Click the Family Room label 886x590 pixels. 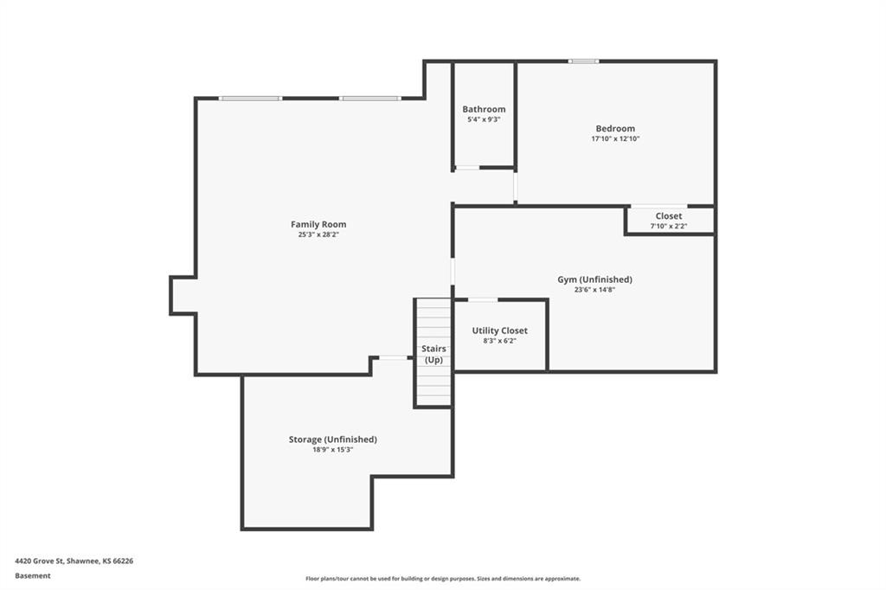[x=318, y=224]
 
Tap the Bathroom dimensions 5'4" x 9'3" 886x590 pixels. [x=484, y=119]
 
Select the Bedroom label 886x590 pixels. [x=615, y=128]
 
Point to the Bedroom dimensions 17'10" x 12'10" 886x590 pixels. [x=615, y=138]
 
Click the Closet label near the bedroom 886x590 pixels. [x=669, y=216]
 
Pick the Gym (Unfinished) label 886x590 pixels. [x=594, y=279]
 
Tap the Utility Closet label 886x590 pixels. [x=499, y=330]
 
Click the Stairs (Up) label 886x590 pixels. [x=433, y=355]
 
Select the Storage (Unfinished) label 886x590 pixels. [x=333, y=439]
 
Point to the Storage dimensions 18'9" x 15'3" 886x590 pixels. [x=333, y=450]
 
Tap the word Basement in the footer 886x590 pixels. [x=33, y=576]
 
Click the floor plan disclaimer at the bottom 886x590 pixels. [x=443, y=579]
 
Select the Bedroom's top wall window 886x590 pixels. [x=584, y=61]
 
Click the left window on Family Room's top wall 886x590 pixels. [x=250, y=99]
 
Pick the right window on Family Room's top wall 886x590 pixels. [x=370, y=99]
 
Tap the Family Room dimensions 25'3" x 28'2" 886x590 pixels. [x=318, y=234]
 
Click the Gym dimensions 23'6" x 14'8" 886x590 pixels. [x=594, y=290]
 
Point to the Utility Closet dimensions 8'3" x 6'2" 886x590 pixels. [x=499, y=342]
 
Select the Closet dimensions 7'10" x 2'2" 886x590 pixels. [x=669, y=226]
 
